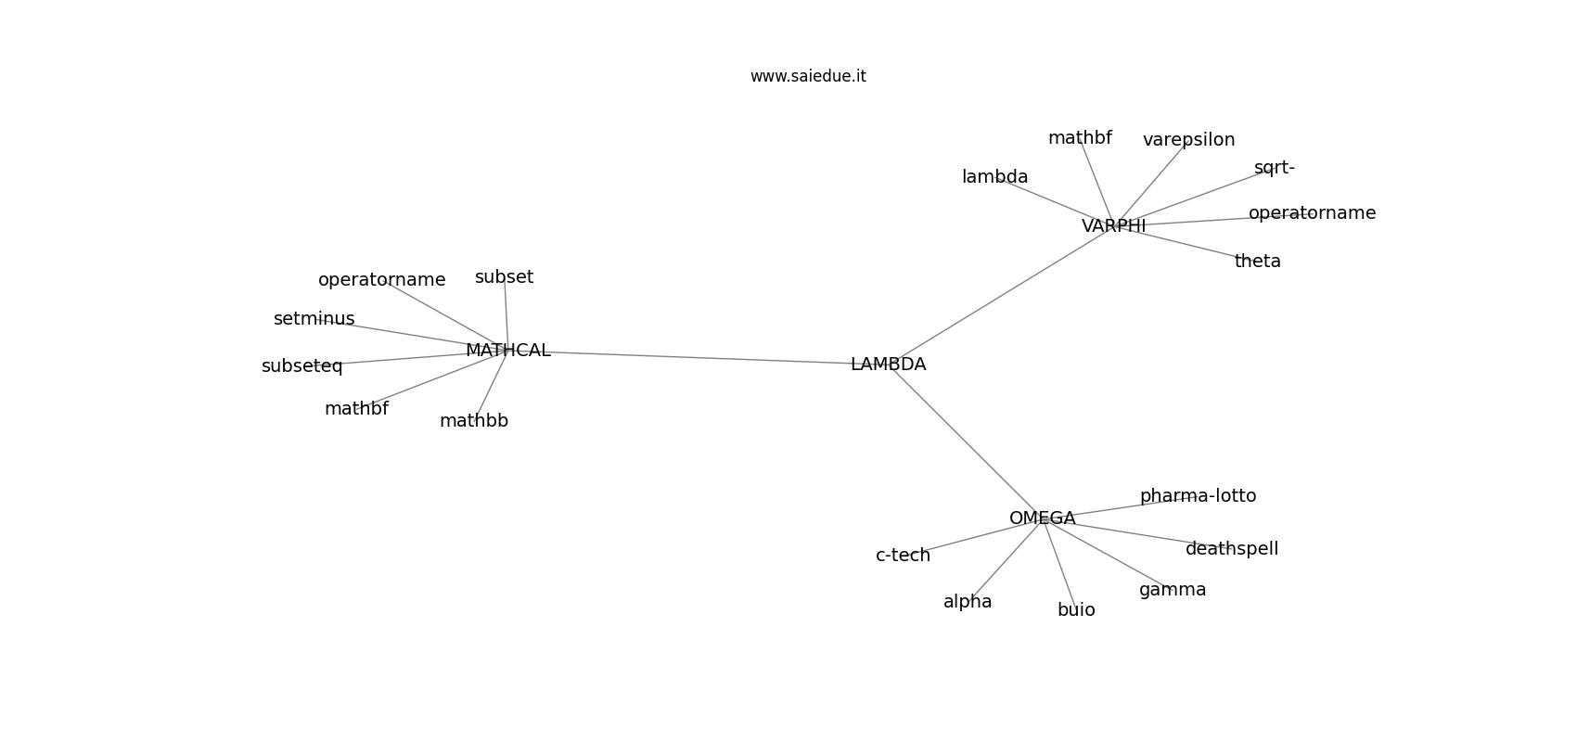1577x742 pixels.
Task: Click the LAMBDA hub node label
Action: point(889,364)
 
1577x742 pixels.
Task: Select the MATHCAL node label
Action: point(508,350)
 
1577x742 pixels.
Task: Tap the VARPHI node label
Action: point(1114,226)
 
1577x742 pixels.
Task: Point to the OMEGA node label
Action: point(1043,518)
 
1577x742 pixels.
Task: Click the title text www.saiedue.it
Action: point(808,76)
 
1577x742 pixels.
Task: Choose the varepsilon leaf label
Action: point(1189,140)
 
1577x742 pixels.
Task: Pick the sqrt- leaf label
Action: point(1275,168)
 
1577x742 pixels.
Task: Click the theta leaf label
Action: point(1258,262)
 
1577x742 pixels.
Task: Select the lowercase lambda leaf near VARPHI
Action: point(994,177)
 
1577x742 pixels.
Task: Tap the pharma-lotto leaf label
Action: point(1199,496)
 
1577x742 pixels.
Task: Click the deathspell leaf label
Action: point(1232,548)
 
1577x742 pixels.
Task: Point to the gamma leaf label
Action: point(1173,590)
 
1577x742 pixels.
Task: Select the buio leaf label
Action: point(1076,609)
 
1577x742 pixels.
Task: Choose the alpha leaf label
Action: point(968,602)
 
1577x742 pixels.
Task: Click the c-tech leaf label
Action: point(904,556)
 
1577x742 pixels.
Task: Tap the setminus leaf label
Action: point(314,319)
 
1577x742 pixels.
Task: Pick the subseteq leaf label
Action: point(302,366)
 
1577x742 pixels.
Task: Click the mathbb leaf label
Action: point(474,421)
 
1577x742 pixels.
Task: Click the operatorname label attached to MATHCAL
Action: point(381,280)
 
